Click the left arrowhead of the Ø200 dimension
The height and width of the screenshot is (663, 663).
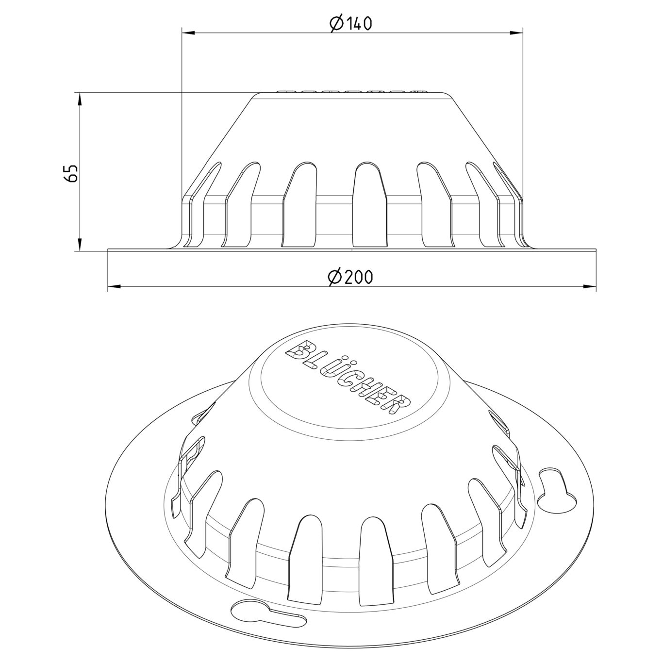pos(114,287)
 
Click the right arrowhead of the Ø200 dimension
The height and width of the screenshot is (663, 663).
pos(590,287)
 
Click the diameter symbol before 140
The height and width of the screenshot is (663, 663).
pos(336,23)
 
